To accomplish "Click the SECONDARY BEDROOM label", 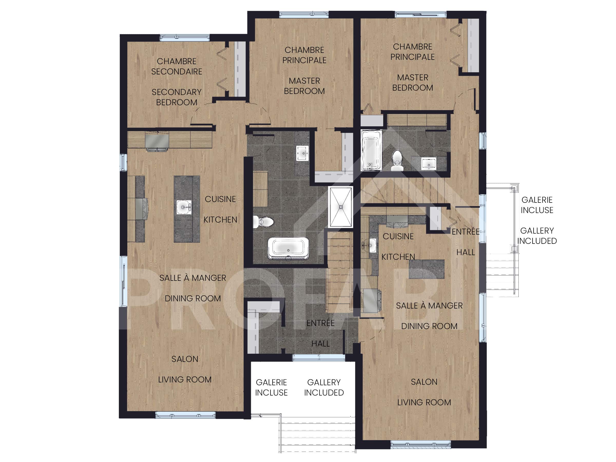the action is tap(177, 97).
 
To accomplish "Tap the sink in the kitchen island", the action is tap(184, 207).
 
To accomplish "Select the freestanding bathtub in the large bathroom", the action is tap(288, 248).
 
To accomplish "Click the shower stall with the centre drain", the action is tap(341, 207).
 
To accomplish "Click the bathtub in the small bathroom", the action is tap(371, 150).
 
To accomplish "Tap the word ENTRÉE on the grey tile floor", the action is tap(321, 323).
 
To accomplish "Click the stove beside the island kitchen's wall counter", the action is tap(141, 209).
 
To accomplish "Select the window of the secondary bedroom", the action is tap(185, 38).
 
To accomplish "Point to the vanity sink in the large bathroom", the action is tap(302, 153).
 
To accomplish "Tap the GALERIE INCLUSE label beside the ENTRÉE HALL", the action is tap(537, 205).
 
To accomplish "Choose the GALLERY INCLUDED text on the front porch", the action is tap(324, 387).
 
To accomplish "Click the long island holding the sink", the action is tap(187, 209).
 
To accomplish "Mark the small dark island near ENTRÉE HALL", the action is tap(426, 269).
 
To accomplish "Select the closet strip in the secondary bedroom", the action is tap(240, 69).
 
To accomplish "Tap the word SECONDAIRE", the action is tap(177, 72).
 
